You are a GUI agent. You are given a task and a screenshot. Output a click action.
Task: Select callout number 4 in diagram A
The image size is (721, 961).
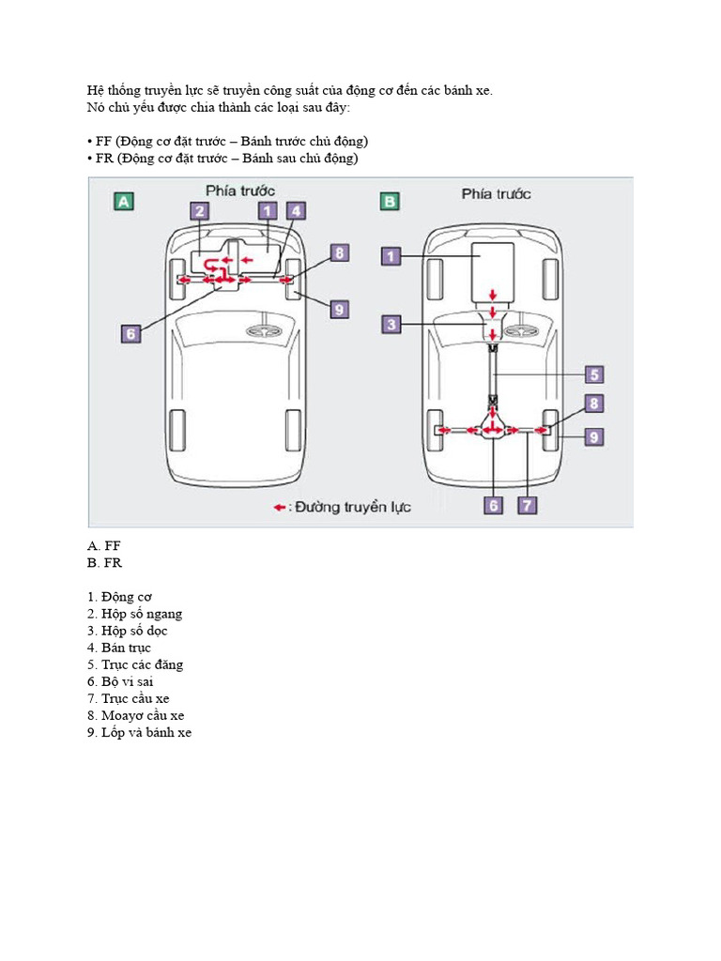[295, 212]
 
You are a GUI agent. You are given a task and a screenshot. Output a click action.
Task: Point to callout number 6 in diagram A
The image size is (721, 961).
[131, 332]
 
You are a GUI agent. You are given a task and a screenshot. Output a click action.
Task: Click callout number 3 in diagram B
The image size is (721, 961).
[392, 324]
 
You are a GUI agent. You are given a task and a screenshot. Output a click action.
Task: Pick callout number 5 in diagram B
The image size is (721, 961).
[594, 374]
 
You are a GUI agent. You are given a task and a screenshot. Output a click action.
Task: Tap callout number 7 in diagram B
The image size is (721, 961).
[528, 505]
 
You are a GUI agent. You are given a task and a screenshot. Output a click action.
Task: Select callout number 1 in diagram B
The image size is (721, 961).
[392, 254]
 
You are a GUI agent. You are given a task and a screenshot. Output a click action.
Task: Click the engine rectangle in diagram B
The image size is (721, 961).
[493, 271]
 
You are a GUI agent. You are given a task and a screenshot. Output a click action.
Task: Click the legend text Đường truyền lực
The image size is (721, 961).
[354, 508]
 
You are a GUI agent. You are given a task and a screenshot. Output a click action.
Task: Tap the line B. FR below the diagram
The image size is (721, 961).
[104, 563]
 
